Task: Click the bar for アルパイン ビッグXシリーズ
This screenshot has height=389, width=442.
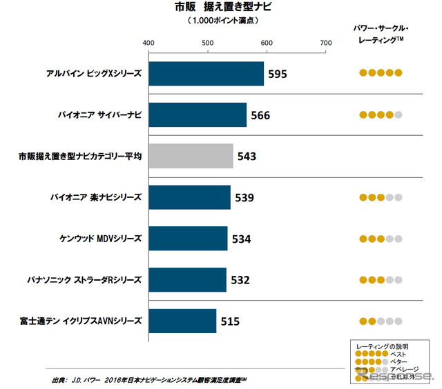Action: coord(206,74)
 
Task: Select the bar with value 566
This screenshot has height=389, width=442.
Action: coord(198,114)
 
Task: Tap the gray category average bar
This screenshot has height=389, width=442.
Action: coord(191,157)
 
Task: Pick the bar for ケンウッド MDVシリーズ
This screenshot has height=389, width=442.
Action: coord(188,239)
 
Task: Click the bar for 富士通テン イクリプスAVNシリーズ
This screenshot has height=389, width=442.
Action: coord(182,321)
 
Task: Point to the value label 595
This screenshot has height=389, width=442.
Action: coord(277,74)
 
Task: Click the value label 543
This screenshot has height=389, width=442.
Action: coord(247,157)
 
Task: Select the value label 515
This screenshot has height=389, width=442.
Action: coord(230,321)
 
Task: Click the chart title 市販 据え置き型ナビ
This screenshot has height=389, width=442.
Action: coord(222,8)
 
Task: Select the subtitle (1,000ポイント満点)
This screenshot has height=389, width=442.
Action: coord(222,21)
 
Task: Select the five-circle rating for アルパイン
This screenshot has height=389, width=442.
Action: coord(380,73)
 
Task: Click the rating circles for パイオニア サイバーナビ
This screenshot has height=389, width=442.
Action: coord(380,114)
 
